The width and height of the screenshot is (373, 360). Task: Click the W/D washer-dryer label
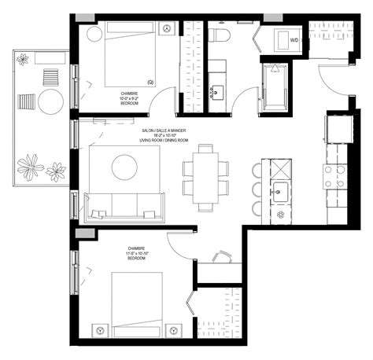coord(294,39)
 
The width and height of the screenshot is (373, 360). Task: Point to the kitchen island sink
coord(280,189)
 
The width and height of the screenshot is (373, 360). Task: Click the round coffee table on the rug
coord(125,167)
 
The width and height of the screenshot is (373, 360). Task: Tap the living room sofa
coord(126,206)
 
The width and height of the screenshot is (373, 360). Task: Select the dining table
coord(206,178)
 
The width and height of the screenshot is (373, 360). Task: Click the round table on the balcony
coord(51,101)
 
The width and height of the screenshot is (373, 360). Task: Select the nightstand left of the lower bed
coord(100,329)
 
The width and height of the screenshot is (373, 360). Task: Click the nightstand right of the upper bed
coord(167,28)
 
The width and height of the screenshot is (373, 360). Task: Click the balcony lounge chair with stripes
coord(28,101)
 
